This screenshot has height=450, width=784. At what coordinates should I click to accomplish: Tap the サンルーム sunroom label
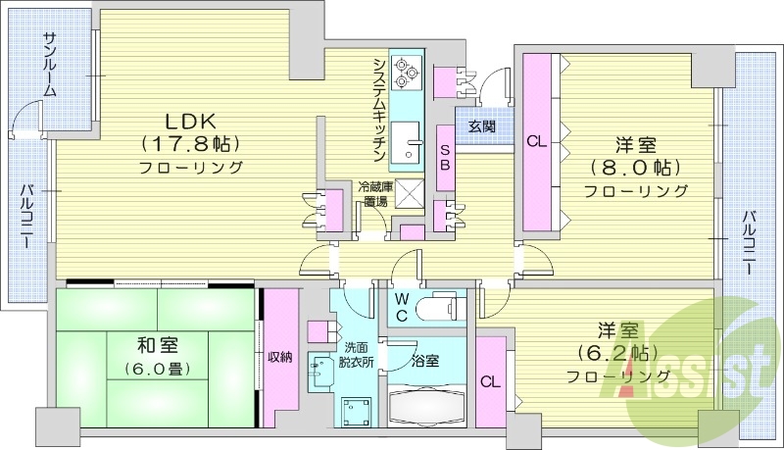point(49,65)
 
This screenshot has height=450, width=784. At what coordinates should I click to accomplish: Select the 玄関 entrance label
point(481,126)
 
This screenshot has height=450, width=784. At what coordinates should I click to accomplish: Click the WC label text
point(402,306)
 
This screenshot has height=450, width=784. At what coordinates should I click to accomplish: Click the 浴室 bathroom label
point(425,361)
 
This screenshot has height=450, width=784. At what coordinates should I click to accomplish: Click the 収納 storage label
point(280,357)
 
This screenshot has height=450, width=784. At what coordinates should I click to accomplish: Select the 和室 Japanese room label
point(157,345)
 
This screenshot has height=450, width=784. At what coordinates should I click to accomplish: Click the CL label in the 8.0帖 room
point(537,141)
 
